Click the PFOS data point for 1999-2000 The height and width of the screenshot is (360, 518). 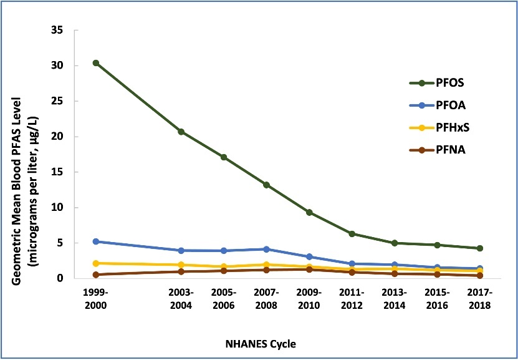[x=95, y=63]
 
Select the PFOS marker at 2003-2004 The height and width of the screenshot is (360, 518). [x=181, y=132]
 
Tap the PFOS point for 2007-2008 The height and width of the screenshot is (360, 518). [x=266, y=185]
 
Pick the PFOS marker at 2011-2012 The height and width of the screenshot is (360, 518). [x=352, y=234]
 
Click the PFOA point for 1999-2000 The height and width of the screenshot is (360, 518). [x=95, y=241]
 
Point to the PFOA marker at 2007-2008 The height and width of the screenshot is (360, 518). [x=266, y=249]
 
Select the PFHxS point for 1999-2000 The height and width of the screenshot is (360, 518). [x=95, y=263]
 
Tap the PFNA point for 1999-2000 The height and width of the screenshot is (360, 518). [x=95, y=275]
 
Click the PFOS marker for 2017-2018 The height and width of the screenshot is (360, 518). [x=479, y=248]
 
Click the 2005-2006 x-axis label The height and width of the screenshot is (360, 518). [x=224, y=299]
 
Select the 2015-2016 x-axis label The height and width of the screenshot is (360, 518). [x=437, y=299]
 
